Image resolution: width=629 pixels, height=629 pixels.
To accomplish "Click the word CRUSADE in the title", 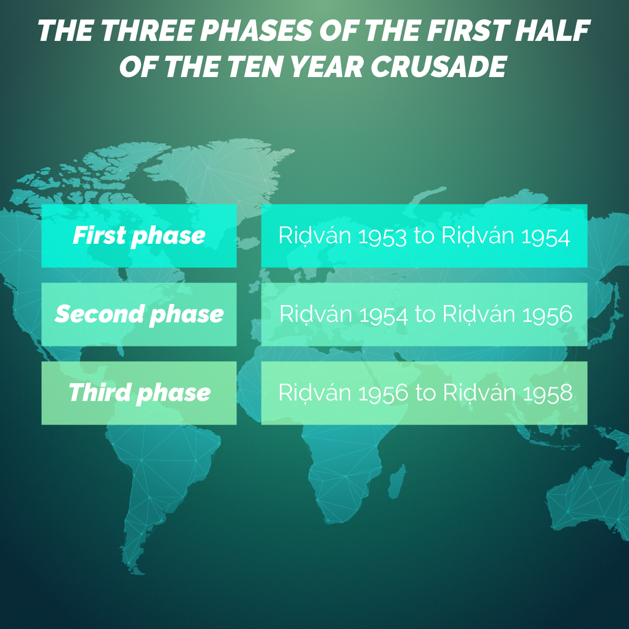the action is click(x=438, y=66).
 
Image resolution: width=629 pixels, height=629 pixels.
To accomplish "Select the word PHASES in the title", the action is click(x=256, y=30).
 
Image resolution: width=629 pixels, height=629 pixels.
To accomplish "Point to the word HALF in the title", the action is click(x=552, y=30).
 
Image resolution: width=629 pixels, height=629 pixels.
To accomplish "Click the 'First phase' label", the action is click(x=139, y=236).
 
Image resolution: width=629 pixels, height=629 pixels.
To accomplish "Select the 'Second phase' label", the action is click(x=139, y=314).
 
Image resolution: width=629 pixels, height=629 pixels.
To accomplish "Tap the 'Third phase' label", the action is click(x=139, y=393).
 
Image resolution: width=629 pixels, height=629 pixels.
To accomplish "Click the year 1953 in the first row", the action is click(x=382, y=236).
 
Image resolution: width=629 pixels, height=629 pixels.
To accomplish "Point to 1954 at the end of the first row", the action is click(x=546, y=236).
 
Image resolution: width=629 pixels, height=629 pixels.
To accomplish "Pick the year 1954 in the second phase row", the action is click(x=384, y=314).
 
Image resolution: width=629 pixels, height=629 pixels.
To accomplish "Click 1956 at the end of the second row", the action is click(x=547, y=314).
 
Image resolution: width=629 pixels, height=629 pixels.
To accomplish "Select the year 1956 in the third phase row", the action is click(x=383, y=393).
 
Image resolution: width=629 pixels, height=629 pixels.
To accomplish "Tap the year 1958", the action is click(x=548, y=393).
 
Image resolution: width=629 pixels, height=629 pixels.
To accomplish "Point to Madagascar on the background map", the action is click(x=397, y=481).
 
